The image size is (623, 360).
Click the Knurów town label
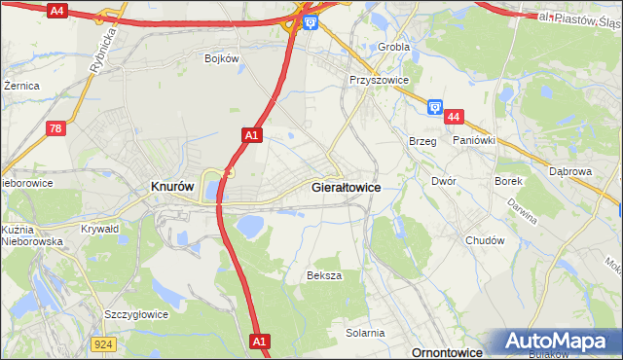tap(172, 186)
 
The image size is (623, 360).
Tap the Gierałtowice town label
tap(346, 186)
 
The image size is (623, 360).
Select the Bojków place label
tap(221, 58)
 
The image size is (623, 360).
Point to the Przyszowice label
tap(379, 81)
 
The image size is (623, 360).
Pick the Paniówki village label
tap(474, 140)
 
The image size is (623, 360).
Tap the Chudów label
tap(485, 240)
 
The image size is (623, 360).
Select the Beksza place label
tap(324, 275)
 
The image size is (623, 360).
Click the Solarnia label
tap(365, 333)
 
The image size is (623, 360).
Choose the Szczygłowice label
tap(136, 314)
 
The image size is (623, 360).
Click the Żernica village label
tap(21, 86)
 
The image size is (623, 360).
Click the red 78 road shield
tap(58, 127)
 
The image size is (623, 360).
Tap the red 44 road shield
tap(454, 117)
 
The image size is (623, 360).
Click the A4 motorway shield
tap(56, 11)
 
